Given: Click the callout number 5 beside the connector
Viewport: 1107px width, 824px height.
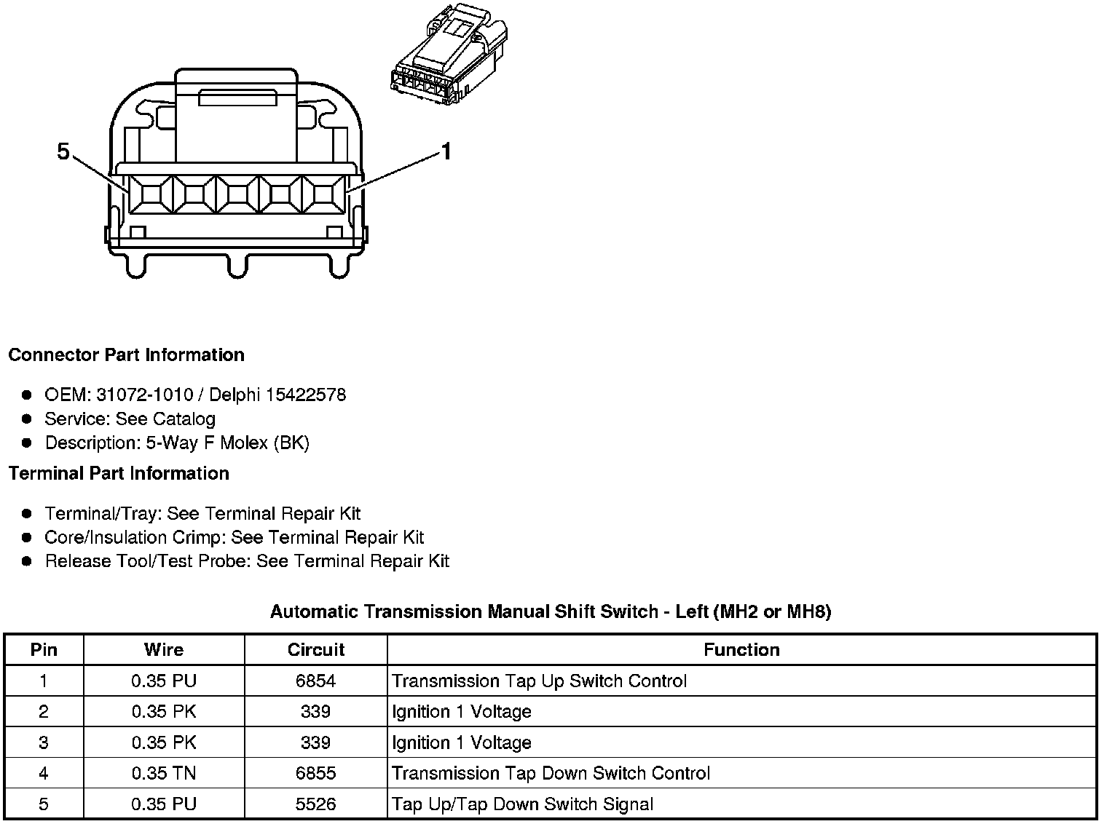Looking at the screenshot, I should pos(63,151).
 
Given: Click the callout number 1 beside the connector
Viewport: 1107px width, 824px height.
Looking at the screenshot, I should pos(446,151).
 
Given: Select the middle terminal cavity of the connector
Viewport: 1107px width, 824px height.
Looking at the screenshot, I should pos(237,194).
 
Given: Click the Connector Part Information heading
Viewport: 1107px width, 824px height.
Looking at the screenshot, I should pos(126,355).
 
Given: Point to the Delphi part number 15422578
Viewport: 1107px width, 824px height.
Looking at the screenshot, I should pos(306,395).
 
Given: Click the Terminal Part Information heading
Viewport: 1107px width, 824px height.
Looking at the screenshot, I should pos(119,474).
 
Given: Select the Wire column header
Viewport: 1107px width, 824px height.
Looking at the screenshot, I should pos(164,650).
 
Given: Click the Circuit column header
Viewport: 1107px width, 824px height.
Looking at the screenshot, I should pos(315,650).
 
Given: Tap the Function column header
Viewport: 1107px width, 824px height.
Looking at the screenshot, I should pos(741,650).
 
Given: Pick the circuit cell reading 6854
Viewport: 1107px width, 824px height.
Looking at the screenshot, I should pos(315,681).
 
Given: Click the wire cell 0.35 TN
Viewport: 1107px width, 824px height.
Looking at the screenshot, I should pos(164,773).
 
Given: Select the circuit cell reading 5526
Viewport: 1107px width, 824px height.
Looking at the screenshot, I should pos(315,804).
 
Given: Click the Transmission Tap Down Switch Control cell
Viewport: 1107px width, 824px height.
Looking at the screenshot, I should pos(551,773).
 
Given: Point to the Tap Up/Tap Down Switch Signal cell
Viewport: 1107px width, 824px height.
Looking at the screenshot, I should pos(522,804).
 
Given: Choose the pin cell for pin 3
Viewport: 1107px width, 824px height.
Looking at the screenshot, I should pos(44,742).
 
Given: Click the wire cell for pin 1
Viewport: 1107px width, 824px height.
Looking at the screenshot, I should pos(164,681).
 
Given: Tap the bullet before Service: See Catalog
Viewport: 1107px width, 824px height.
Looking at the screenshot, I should pos(27,419).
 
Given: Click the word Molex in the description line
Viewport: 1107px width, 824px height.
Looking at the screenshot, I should pos(245,443).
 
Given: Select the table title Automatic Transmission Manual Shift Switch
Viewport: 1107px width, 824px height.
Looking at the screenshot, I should pos(464,611).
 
